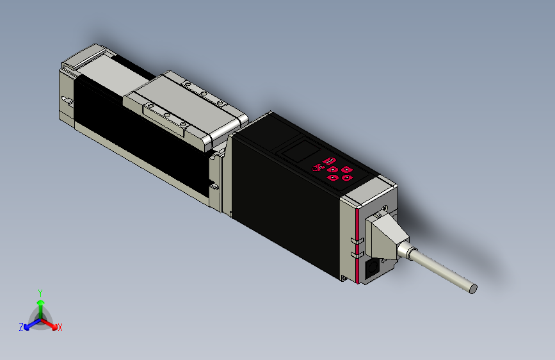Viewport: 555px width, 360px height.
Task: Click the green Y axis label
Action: pos(40,292)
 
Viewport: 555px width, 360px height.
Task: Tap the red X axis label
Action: pos(60,327)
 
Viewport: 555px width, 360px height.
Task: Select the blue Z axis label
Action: pos(20,327)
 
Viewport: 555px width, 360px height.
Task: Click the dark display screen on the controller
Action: pos(298,152)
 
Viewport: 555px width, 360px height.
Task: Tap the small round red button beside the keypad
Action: pos(315,168)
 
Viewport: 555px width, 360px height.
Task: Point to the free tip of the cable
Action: pos(473,288)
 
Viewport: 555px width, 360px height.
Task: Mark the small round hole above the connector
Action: pos(385,206)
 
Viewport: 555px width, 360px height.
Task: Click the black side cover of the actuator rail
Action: pos(141,141)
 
